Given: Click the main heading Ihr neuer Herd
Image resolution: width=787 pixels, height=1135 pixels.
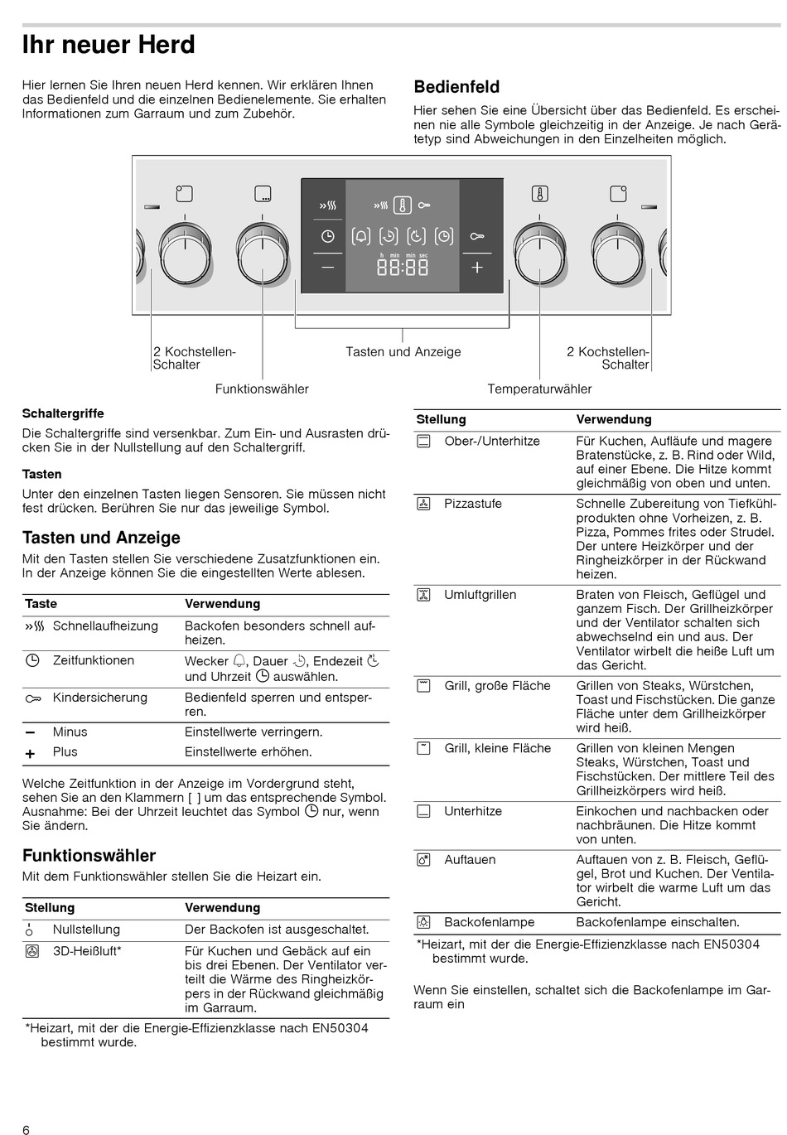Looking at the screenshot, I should (109, 45).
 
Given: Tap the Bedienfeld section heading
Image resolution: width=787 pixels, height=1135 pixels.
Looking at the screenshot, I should (456, 87).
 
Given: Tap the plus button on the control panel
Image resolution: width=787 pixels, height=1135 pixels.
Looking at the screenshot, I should (477, 268).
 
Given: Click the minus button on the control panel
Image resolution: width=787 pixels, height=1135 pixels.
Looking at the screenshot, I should (328, 268).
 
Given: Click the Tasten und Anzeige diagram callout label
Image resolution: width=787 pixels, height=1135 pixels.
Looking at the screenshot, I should (403, 352).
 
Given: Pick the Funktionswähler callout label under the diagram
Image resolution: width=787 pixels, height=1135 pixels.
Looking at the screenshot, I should (262, 389).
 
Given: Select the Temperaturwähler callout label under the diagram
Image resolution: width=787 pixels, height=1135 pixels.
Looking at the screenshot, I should (539, 389).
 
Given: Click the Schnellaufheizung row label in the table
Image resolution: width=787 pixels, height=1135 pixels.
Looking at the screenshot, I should (105, 626).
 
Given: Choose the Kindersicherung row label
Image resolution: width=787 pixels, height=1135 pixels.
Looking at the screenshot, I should (100, 698).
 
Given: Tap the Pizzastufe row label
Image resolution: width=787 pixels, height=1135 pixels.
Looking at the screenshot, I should (473, 504).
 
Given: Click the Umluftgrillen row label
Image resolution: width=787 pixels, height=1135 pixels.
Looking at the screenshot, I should (480, 595).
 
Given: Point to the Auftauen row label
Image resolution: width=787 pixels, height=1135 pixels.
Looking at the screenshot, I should (470, 860).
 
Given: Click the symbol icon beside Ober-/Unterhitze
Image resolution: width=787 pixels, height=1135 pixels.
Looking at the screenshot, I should (424, 442).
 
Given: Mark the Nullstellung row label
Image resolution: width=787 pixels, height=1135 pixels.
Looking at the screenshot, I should (86, 930).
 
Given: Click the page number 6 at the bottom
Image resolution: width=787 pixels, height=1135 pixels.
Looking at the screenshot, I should (27, 1130).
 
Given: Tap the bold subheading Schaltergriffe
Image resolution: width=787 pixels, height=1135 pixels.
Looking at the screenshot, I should (63, 413).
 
